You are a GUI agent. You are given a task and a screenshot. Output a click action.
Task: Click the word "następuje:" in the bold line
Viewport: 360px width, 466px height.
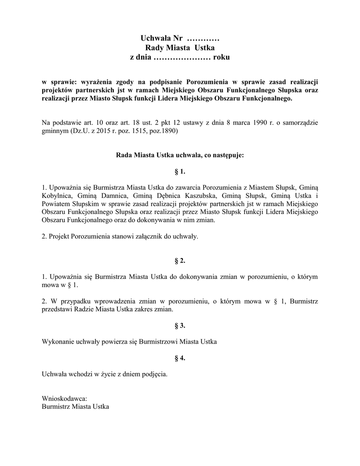[228, 155]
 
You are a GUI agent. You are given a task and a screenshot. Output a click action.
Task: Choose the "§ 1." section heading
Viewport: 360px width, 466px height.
[180, 172]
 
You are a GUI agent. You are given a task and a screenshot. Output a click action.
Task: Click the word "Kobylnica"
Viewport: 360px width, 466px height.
[57, 195]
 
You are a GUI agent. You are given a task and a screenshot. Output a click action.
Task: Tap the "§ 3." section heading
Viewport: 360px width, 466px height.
[180, 325]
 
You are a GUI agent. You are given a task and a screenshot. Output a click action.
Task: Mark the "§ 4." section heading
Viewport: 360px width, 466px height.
[180, 358]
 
